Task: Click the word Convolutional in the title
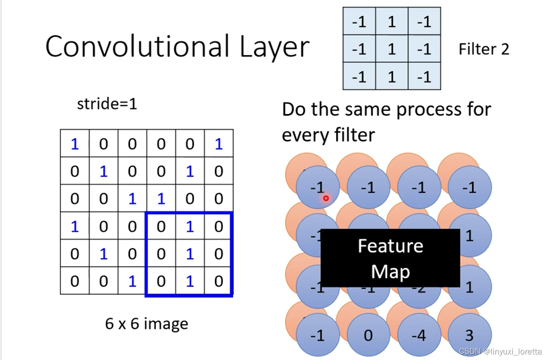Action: (137, 46)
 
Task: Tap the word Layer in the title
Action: (274, 46)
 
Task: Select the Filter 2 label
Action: (484, 49)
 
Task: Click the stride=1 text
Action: (107, 104)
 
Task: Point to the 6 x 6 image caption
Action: (146, 323)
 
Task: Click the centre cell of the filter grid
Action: (392, 49)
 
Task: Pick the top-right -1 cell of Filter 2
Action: (424, 21)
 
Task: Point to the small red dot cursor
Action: (326, 198)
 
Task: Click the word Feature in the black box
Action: (390, 246)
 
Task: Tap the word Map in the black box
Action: (390, 272)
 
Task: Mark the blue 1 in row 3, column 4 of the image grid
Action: (161, 199)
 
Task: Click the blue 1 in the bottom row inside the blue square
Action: (190, 281)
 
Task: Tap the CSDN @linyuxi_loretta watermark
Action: (500, 352)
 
